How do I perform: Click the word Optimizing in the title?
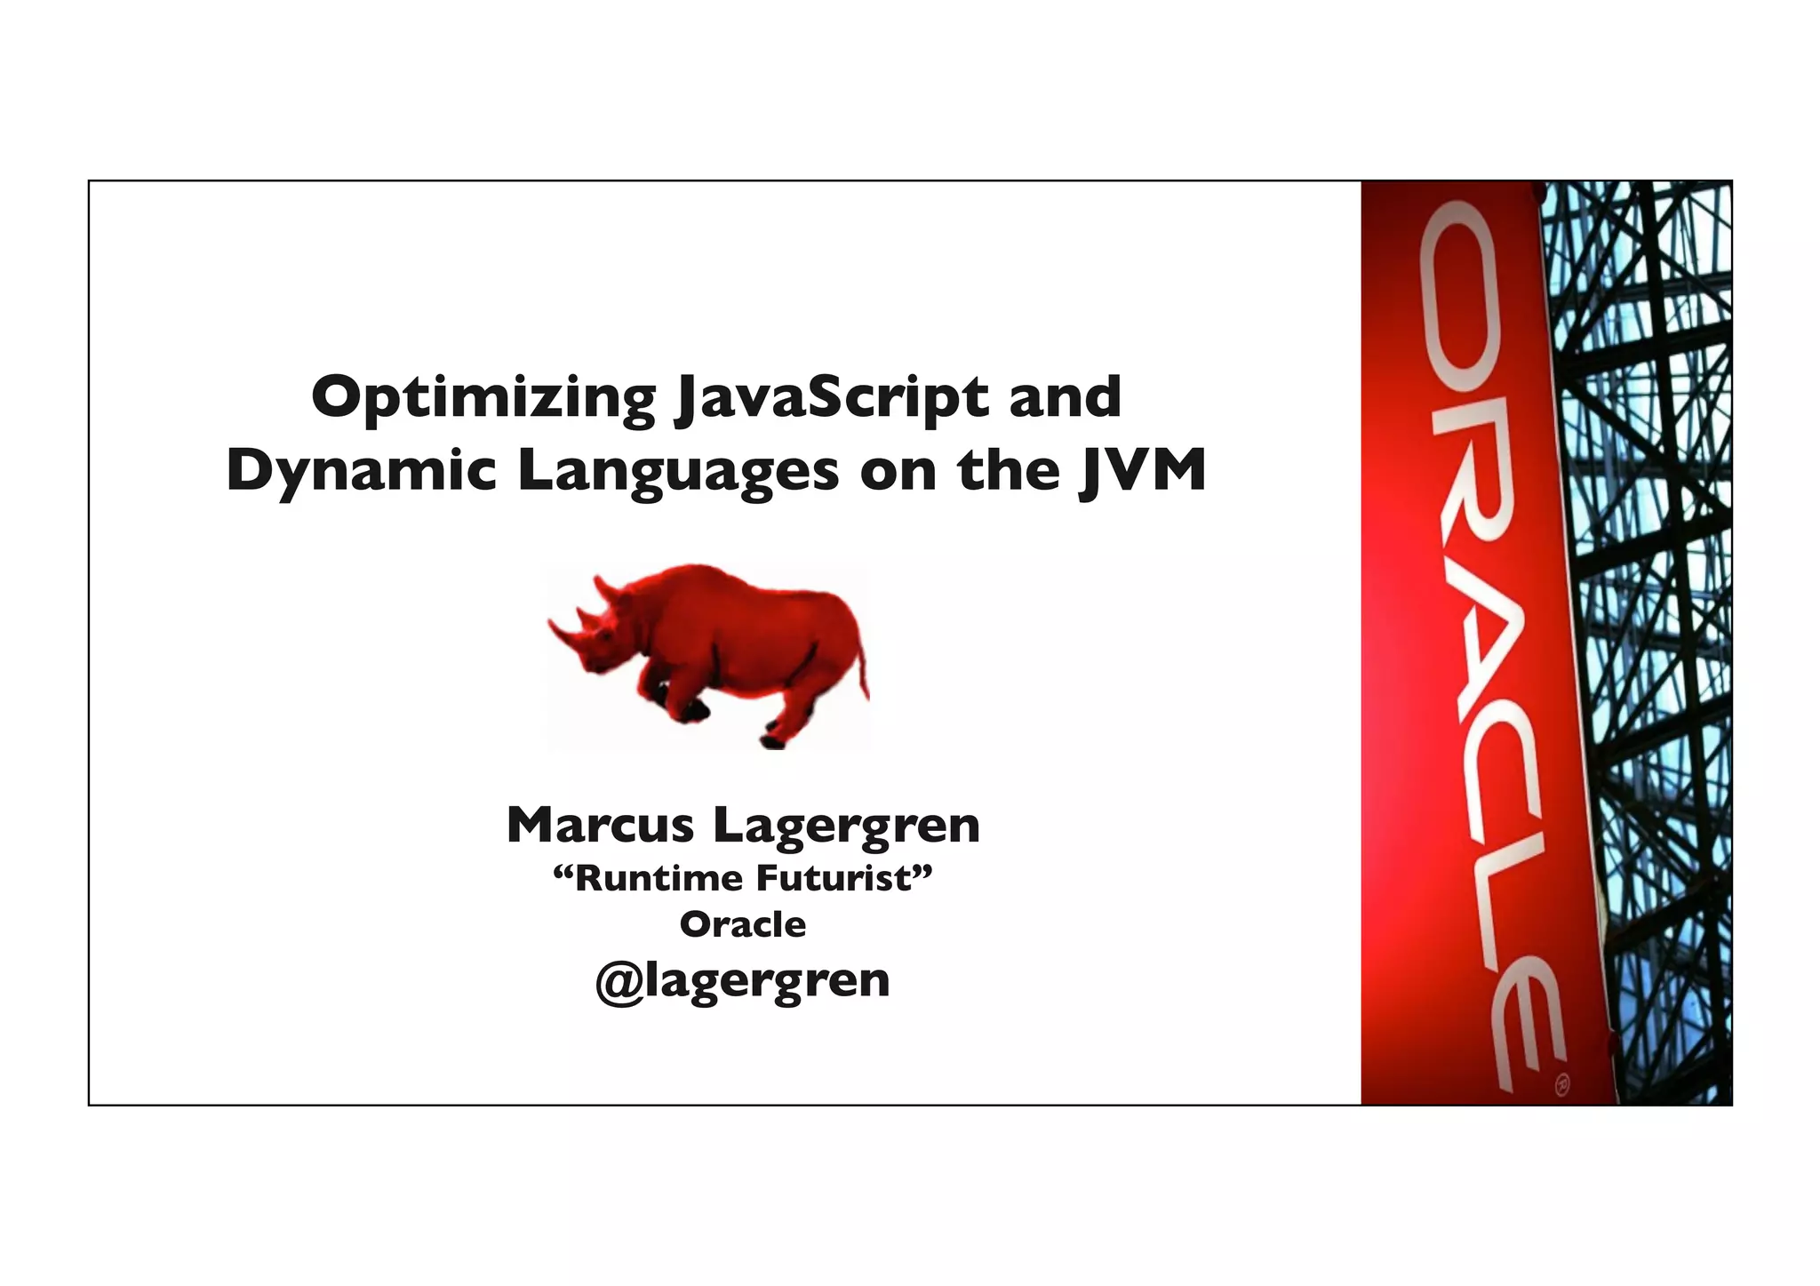pyautogui.click(x=483, y=398)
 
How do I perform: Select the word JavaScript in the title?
pyautogui.click(x=831, y=398)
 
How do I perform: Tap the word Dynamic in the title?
pyautogui.click(x=360, y=471)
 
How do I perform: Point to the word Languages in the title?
pyautogui.click(x=677, y=471)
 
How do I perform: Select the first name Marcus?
pyautogui.click(x=600, y=826)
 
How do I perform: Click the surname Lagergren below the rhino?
pyautogui.click(x=846, y=826)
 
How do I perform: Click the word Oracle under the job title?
pyautogui.click(x=743, y=925)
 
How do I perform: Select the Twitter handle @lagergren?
pyautogui.click(x=743, y=981)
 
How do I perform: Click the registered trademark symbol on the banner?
pyautogui.click(x=1561, y=1084)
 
